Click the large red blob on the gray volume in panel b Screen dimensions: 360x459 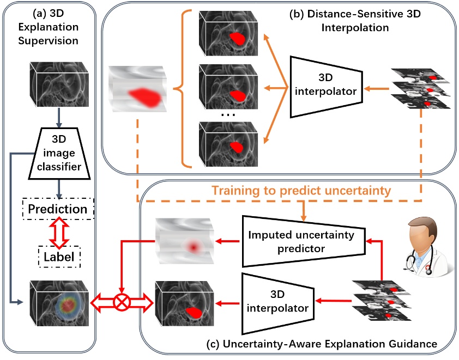pyautogui.click(x=144, y=98)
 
